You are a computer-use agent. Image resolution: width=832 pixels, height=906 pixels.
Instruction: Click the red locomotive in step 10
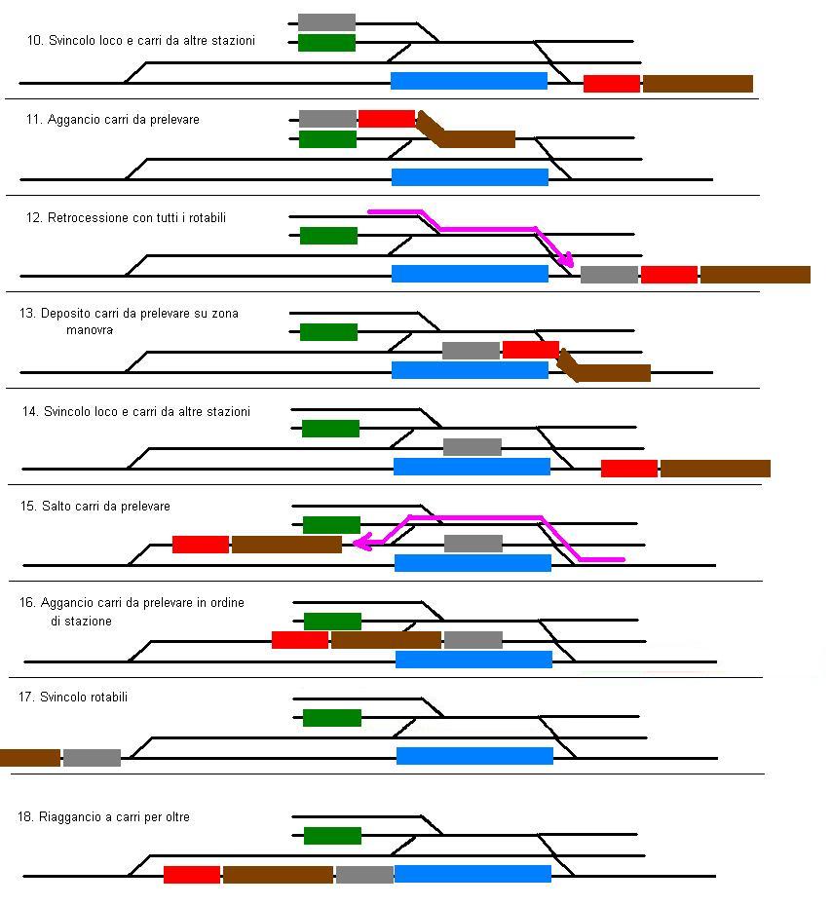pyautogui.click(x=612, y=84)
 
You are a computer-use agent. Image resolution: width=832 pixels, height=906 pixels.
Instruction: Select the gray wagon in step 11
pyautogui.click(x=327, y=119)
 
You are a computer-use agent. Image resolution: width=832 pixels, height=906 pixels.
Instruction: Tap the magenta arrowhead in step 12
pyautogui.click(x=567, y=260)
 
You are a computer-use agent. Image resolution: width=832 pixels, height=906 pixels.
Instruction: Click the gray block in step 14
pyautogui.click(x=473, y=447)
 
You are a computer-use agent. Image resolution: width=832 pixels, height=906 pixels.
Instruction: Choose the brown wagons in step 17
pyautogui.click(x=29, y=757)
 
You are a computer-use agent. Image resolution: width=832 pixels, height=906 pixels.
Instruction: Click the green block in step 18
pyautogui.click(x=332, y=835)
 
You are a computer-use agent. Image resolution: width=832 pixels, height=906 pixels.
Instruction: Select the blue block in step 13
pyautogui.click(x=470, y=370)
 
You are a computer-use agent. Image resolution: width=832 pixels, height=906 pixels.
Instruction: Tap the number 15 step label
pyautogui.click(x=26, y=507)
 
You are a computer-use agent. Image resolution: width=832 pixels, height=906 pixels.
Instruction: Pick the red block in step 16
pyautogui.click(x=300, y=640)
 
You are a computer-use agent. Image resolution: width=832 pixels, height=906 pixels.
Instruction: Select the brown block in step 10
pyautogui.click(x=698, y=84)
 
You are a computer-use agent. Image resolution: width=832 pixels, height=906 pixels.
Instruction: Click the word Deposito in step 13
pyautogui.click(x=64, y=314)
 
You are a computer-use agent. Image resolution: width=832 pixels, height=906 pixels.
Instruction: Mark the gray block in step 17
pyautogui.click(x=92, y=757)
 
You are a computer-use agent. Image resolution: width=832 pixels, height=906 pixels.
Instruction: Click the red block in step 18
pyautogui.click(x=192, y=875)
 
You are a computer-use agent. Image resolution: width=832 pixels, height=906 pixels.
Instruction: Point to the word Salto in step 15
pyautogui.click(x=57, y=507)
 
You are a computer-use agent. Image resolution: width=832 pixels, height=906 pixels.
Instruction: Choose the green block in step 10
pyautogui.click(x=326, y=43)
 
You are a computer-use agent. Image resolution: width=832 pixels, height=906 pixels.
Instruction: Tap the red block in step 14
pyautogui.click(x=629, y=469)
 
